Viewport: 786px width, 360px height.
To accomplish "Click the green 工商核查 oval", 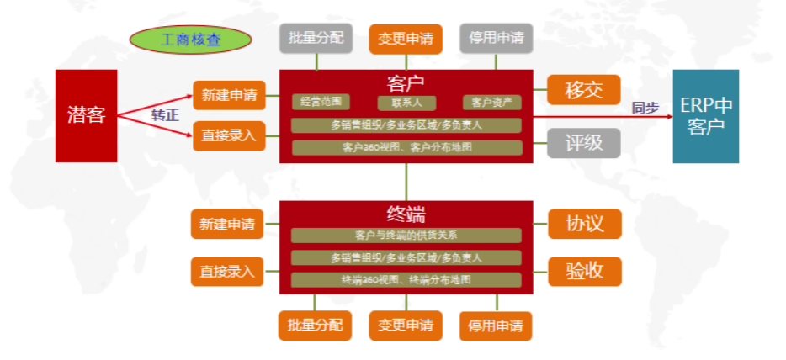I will (191, 39).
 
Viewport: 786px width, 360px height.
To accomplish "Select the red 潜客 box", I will (86, 115).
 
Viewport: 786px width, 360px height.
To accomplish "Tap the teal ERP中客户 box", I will (705, 116).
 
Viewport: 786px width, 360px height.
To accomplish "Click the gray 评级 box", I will (583, 143).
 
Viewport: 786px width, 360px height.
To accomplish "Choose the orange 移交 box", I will (583, 90).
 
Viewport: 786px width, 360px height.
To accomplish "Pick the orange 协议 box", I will (584, 224).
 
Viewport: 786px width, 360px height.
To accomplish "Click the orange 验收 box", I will (584, 271).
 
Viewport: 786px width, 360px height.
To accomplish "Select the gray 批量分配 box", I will (316, 39).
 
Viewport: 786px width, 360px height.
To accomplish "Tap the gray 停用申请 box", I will (496, 39).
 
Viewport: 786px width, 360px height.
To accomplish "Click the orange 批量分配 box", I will (316, 326).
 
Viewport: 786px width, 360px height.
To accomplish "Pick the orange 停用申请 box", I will (496, 326).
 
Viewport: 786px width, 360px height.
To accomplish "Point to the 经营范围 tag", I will (321, 103).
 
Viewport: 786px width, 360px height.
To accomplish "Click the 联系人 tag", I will (406, 103).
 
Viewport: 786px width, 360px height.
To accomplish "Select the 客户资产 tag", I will (491, 103).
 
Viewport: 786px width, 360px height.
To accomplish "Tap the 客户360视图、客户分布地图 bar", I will (406, 148).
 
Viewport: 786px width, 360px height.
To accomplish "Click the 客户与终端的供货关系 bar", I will (406, 235).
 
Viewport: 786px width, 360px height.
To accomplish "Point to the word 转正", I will (165, 116).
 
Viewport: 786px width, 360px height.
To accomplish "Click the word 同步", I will (645, 108).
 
